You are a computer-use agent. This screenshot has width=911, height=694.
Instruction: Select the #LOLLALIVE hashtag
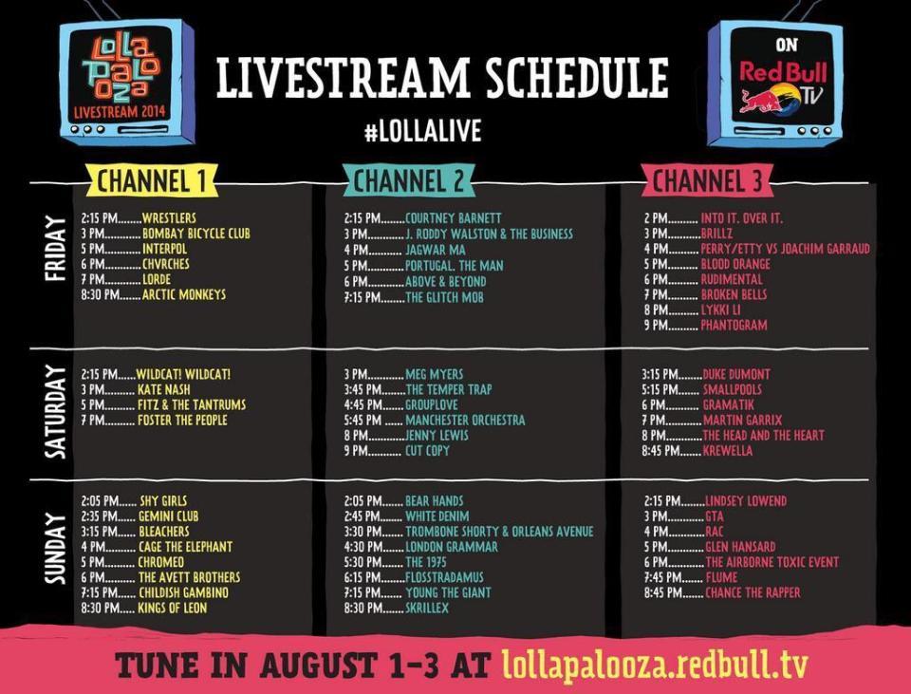coord(422,131)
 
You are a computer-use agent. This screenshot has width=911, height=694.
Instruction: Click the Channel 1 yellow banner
coord(152,180)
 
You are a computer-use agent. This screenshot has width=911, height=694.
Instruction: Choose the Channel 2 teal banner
coord(409,180)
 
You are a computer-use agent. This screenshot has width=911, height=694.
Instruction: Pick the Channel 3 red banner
coord(707,180)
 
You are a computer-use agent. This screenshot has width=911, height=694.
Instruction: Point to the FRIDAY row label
coord(55,248)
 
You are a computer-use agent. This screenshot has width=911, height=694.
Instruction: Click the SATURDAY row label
coord(55,412)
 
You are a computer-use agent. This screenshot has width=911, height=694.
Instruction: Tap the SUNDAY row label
coord(55,548)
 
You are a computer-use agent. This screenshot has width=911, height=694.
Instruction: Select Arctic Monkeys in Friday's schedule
coord(183,294)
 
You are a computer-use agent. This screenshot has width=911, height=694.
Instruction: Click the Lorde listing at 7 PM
coord(157,279)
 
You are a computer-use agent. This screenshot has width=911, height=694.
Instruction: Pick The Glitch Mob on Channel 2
coord(444,297)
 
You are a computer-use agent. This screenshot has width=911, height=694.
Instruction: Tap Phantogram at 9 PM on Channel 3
coord(734,325)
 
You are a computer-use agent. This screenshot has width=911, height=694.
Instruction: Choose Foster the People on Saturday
coord(182,420)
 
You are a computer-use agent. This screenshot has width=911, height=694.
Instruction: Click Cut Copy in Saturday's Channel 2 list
coord(427,450)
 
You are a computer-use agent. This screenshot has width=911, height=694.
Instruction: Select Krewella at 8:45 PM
coord(728,450)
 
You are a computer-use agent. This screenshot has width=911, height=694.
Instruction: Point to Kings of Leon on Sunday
coord(172,608)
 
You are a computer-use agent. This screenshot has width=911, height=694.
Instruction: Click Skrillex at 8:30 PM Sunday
coord(427,608)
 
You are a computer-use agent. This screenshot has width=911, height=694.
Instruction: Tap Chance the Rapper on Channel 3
coord(753,592)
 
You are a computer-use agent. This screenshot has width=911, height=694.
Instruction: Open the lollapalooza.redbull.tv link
coord(655,665)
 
